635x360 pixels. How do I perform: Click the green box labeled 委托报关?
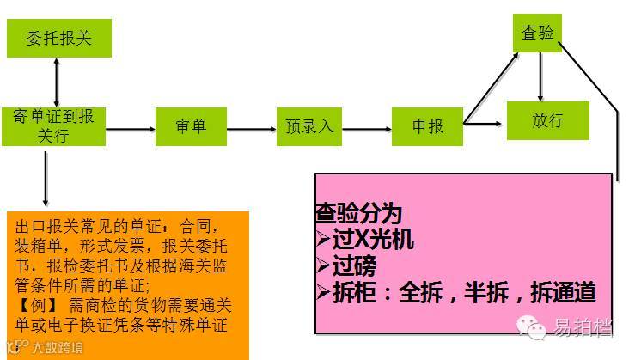[x=59, y=38]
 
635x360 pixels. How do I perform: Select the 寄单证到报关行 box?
[x=54, y=125]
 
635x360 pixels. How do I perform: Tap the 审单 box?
[x=191, y=127]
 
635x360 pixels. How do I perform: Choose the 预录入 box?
[x=309, y=126]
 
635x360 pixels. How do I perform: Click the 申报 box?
[x=427, y=126]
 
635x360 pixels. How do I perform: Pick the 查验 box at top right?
[x=538, y=33]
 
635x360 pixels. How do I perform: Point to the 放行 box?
[x=547, y=120]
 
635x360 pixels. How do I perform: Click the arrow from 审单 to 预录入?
[x=251, y=130]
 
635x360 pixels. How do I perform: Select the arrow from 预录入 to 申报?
[x=367, y=130]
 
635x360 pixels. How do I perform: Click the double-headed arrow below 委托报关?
[x=56, y=82]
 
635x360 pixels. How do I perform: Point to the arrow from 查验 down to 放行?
[x=540, y=77]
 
